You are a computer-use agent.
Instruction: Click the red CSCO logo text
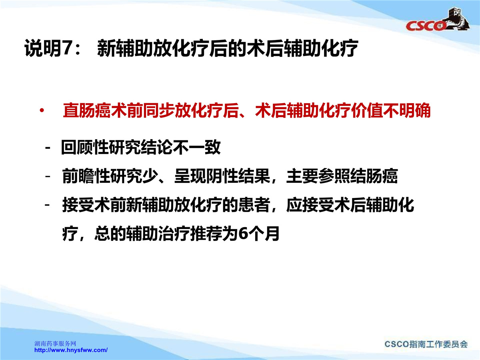pyautogui.click(x=425, y=26)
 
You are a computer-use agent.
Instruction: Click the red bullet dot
pyautogui.click(x=42, y=111)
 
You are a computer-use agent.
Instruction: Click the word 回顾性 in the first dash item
pyautogui.click(x=85, y=147)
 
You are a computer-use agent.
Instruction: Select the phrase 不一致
pyautogui.click(x=196, y=147)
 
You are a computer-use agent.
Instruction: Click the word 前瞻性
pyautogui.click(x=86, y=176)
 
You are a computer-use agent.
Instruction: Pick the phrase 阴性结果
pyautogui.click(x=238, y=176)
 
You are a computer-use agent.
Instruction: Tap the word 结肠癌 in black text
pyautogui.click(x=374, y=176)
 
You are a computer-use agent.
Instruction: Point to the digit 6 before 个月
pyautogui.click(x=243, y=234)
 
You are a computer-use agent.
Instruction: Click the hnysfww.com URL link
pyautogui.click(x=71, y=350)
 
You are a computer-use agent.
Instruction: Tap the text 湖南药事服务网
pyautogui.click(x=55, y=344)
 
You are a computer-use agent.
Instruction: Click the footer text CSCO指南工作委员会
pyautogui.click(x=426, y=344)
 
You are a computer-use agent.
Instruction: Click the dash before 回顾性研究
pyautogui.click(x=48, y=148)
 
